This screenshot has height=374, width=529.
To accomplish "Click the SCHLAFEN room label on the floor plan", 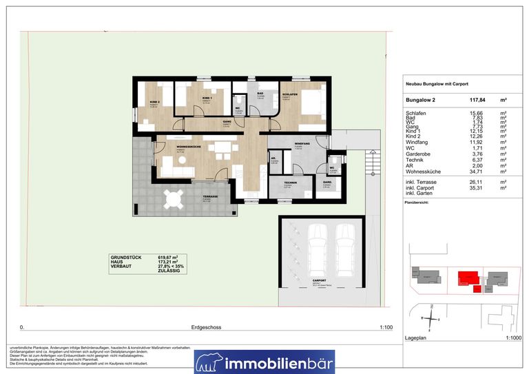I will tap(289, 94).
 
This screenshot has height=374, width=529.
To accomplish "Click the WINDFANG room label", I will tap(299, 144).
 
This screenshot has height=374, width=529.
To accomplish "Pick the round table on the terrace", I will tap(172, 200).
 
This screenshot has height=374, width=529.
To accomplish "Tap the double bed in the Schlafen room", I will tap(311, 106).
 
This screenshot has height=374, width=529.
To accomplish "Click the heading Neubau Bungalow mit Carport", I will tap(437, 84).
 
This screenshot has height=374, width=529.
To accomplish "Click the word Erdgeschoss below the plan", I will tap(207, 329).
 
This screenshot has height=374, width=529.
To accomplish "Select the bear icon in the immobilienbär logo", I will tap(208, 361).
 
